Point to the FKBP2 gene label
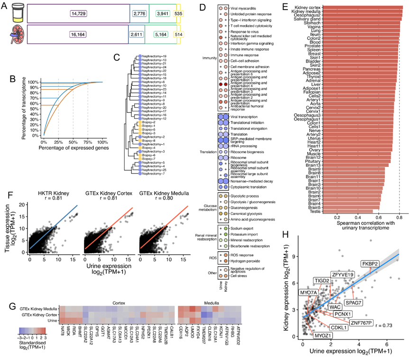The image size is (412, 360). tap(371, 264)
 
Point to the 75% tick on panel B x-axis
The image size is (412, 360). tap(88, 142)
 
